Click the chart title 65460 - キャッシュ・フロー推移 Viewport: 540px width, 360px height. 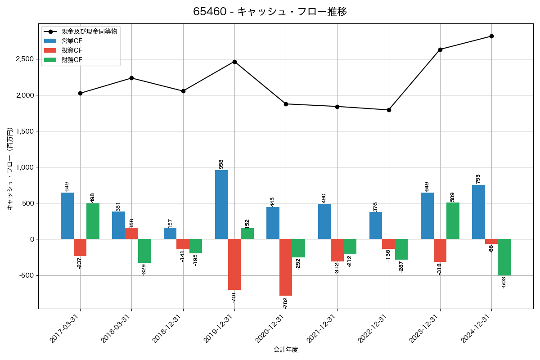point(270,12)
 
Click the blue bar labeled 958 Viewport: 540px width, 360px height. point(221,205)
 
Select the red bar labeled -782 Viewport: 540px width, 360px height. point(286,267)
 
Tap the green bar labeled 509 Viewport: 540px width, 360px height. point(453,221)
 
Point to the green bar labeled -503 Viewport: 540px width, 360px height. point(504,257)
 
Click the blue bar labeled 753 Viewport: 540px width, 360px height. point(478,212)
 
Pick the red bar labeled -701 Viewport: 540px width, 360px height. point(234,265)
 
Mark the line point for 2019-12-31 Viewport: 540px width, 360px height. point(234,62)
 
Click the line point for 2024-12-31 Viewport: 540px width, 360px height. point(491,36)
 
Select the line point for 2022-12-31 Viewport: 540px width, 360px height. point(389,110)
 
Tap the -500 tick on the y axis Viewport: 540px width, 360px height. point(27,275)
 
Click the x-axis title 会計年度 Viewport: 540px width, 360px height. point(286,350)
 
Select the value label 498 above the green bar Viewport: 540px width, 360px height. point(93,198)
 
